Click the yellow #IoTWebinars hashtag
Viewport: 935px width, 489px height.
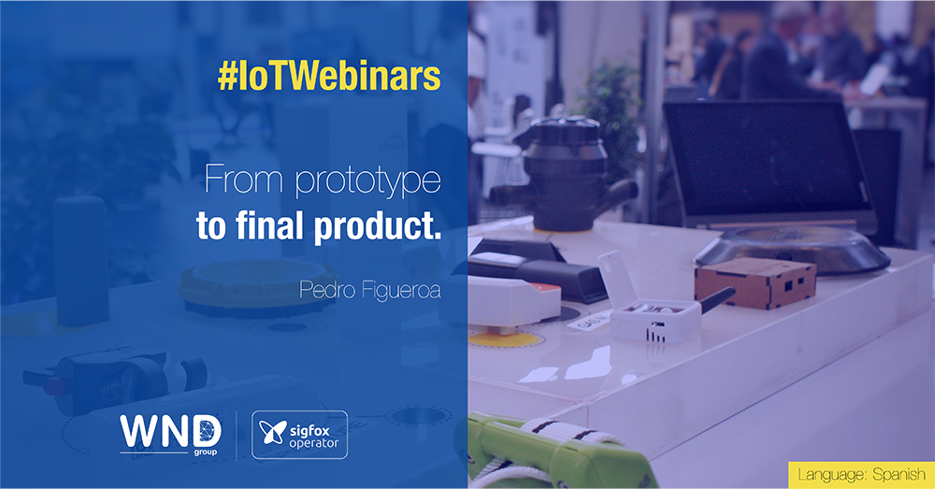coord(329,77)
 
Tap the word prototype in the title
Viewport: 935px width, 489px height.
coord(367,180)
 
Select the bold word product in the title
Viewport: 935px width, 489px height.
coord(378,226)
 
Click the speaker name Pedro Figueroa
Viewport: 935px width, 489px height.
coord(369,291)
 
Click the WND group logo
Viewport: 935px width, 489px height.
coord(170,434)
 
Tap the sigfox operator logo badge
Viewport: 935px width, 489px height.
coord(299,435)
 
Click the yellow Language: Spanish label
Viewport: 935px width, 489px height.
coord(861,475)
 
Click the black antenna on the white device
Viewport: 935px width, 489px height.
coord(717,299)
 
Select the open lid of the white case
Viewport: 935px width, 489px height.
coord(615,279)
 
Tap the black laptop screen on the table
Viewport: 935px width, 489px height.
coord(767,161)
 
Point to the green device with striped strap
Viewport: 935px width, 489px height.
coord(554,453)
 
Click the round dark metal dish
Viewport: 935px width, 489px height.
coord(793,248)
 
